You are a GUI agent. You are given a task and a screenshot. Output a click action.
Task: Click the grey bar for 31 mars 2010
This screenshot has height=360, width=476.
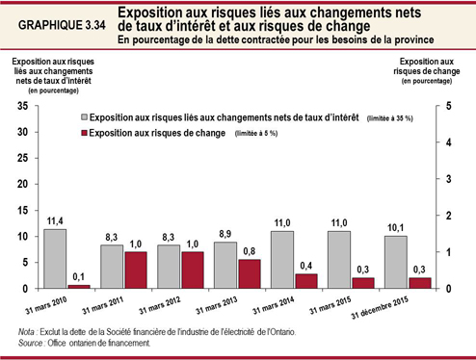point(56,258)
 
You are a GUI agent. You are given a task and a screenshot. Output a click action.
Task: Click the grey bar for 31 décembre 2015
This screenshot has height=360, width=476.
point(395,262)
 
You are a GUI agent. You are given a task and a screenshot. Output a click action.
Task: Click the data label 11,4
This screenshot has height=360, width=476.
point(56,220)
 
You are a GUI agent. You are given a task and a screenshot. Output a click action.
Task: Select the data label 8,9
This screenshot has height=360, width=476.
point(225,234)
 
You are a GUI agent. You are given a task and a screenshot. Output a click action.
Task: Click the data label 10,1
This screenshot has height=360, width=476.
point(395,228)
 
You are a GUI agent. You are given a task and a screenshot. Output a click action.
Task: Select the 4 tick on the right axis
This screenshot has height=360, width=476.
point(443,142)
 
